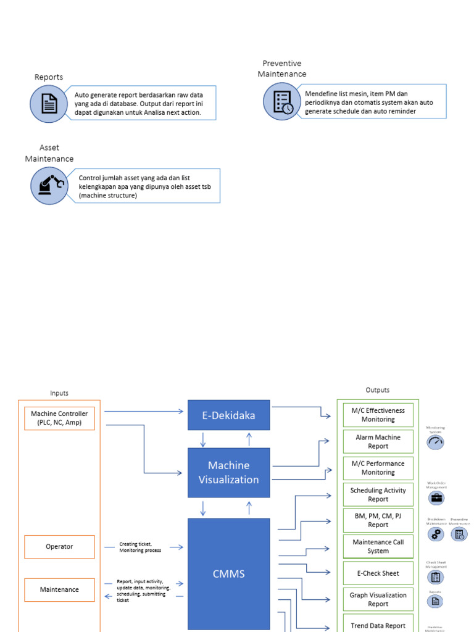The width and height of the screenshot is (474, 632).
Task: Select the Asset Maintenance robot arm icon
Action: click(49, 186)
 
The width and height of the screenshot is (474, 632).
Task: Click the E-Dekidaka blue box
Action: click(229, 415)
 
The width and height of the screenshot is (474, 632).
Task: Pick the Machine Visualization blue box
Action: click(229, 472)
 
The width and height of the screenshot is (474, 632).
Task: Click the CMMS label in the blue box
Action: click(229, 573)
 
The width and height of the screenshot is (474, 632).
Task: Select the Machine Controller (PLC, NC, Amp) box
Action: click(60, 418)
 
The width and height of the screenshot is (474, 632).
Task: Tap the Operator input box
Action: click(60, 546)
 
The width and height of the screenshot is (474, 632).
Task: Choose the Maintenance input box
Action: click(60, 589)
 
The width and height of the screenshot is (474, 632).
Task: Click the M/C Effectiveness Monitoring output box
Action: click(378, 415)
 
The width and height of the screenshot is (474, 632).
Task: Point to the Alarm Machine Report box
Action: click(378, 441)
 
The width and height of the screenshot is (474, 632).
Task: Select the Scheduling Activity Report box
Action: click(378, 494)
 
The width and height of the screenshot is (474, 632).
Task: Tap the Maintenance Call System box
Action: click(378, 546)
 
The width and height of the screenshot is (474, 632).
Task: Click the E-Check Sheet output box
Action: click(378, 573)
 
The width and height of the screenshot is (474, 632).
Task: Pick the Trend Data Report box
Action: click(378, 625)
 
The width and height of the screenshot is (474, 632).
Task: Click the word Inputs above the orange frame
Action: click(59, 393)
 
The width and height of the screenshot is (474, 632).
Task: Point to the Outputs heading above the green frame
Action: click(378, 390)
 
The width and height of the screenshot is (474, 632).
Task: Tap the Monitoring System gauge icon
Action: click(436, 442)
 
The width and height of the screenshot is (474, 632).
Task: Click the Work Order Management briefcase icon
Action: click(436, 498)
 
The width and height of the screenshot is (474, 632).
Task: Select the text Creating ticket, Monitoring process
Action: click(140, 547)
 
